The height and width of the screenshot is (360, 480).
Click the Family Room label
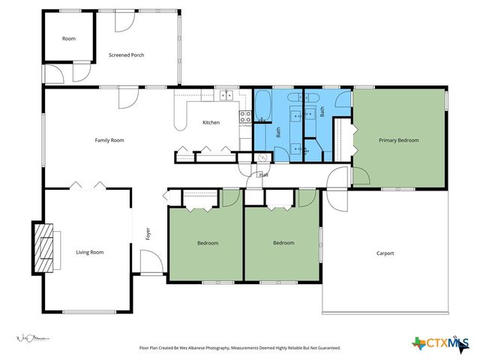109,140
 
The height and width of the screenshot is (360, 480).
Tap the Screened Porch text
126,55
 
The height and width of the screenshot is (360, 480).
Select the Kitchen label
211,122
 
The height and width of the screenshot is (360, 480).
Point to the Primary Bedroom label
398,140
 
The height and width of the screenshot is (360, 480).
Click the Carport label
385,253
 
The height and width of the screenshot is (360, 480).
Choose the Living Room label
89,253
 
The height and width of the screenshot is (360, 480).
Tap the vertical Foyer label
148,233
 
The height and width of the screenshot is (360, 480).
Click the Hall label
263,175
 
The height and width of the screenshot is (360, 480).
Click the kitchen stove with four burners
244,115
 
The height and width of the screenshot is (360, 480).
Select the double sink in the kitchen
226,96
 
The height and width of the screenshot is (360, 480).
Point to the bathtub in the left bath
263,106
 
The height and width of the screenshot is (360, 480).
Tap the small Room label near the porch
69,38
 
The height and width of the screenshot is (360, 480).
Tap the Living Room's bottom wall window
88,312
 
